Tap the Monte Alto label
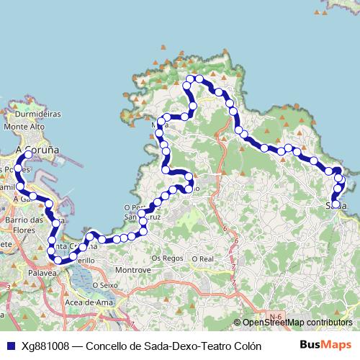coord(25,127)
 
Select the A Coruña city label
coord(37,149)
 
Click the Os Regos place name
coord(164,258)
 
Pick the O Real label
coord(203,258)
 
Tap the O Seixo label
coord(104,285)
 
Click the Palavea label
coord(43,274)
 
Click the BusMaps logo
coord(325,345)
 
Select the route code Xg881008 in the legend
coord(45,346)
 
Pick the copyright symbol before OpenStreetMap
coord(238,323)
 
